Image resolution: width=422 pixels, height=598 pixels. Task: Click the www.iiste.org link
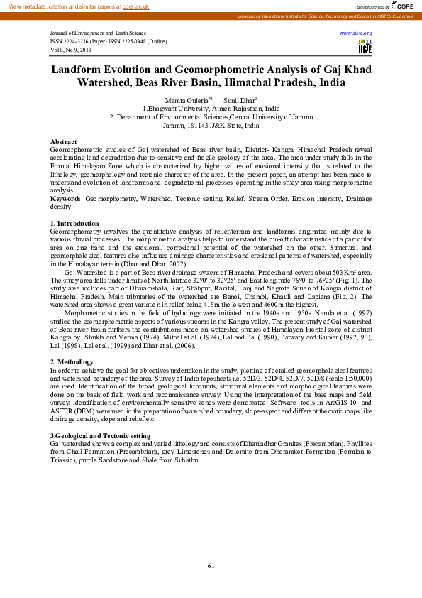click(355, 33)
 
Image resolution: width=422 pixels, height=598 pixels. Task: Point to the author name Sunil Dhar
click(238, 101)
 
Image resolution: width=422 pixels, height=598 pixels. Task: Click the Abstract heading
click(64, 143)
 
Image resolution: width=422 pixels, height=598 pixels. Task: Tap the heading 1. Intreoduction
click(75, 224)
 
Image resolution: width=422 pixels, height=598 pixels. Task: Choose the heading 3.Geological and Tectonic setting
click(100, 435)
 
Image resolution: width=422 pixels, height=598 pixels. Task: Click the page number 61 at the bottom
click(211, 565)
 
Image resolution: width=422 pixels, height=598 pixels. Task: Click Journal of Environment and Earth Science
click(98, 33)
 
